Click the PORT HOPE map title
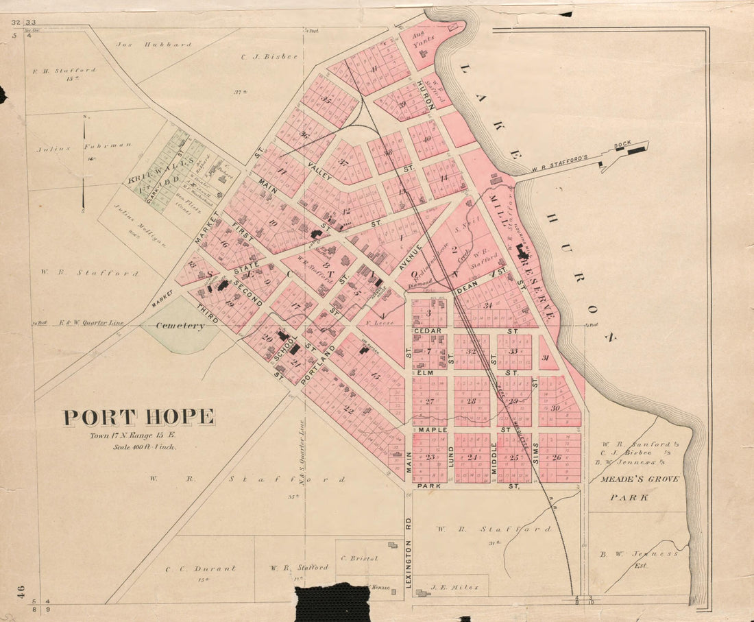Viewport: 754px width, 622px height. point(139,417)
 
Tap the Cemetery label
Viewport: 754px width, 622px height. point(180,326)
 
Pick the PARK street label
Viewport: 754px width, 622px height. point(430,486)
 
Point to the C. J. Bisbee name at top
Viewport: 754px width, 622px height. point(269,57)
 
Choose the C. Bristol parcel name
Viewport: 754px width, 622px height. point(359,558)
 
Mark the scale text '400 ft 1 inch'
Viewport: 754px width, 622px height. point(145,447)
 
